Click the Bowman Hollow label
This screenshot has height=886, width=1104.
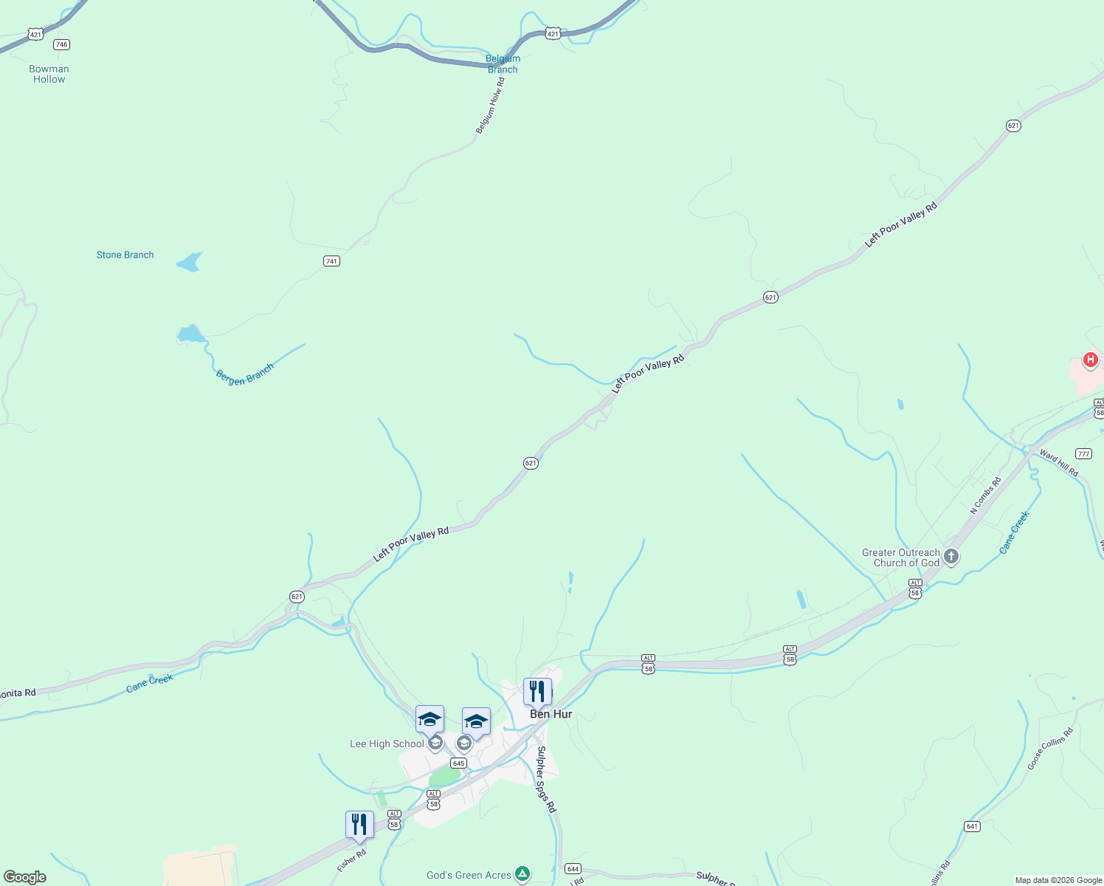[49, 74]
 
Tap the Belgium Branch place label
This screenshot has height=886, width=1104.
[503, 64]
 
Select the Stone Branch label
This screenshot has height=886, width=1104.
[125, 255]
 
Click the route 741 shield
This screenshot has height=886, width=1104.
[331, 261]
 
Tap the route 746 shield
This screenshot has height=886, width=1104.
[61, 44]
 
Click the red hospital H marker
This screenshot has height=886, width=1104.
[1090, 360]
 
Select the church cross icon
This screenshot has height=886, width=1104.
[951, 557]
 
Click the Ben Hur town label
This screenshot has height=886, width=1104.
[551, 714]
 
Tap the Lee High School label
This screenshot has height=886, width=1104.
[387, 744]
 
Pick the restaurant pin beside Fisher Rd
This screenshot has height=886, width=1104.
[359, 825]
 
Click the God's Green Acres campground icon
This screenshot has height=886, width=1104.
[522, 875]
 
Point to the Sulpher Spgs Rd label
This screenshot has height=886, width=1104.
[545, 779]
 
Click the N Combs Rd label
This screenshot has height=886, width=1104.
[985, 495]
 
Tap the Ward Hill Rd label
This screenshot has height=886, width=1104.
[1059, 463]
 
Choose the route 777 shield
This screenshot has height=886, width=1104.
[1083, 453]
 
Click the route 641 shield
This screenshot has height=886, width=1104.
[972, 826]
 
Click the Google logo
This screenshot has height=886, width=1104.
[24, 876]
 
